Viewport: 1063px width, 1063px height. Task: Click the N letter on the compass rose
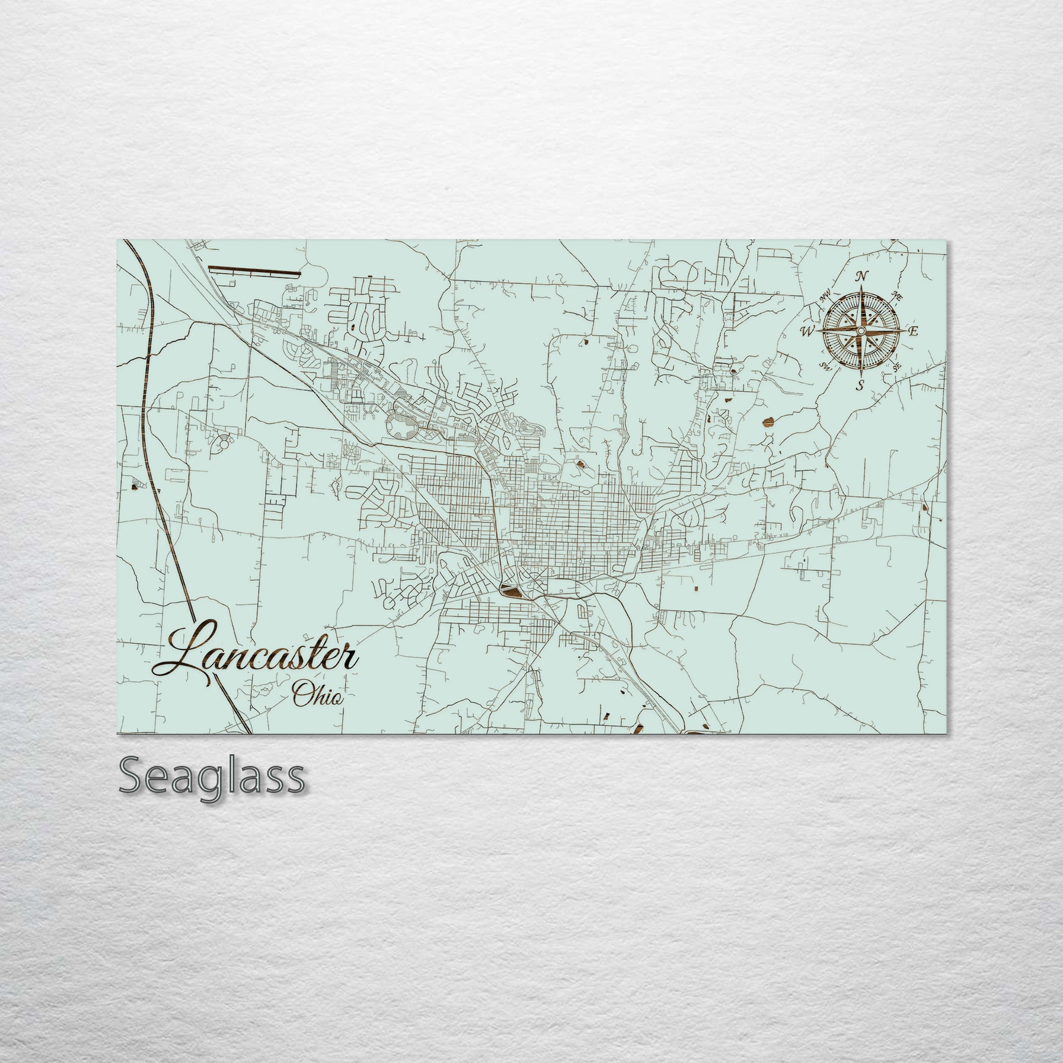(862, 276)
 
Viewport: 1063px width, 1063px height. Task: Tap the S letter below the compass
(860, 387)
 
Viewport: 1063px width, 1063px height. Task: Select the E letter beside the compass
(913, 331)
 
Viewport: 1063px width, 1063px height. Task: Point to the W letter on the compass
(807, 331)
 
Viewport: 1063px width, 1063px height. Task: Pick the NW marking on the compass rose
(825, 299)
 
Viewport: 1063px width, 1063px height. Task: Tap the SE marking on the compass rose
(896, 367)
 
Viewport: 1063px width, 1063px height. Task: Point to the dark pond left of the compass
(768, 422)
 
